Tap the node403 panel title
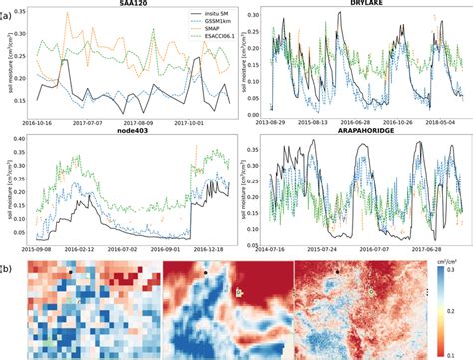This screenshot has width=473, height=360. point(130,130)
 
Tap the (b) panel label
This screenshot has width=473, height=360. point(8,268)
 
